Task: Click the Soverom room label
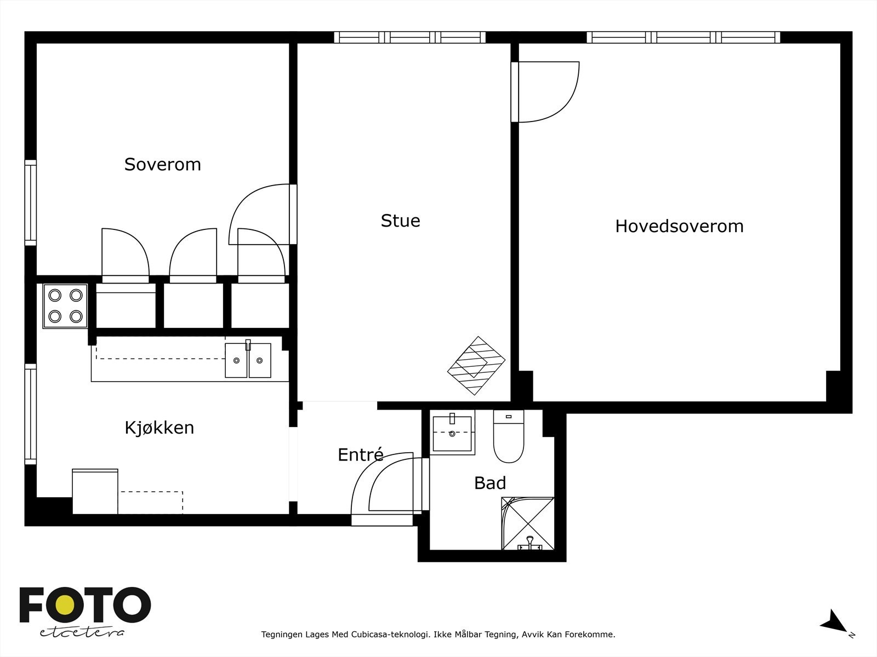pyautogui.click(x=162, y=164)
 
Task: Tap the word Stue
pyautogui.click(x=400, y=221)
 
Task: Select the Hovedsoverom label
pyautogui.click(x=679, y=226)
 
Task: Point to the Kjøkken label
pyautogui.click(x=159, y=428)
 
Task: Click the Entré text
pyautogui.click(x=360, y=455)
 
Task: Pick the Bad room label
pyautogui.click(x=489, y=483)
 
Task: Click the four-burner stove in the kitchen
pyautogui.click(x=65, y=306)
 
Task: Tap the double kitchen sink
pyautogui.click(x=248, y=360)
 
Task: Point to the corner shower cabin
pyautogui.click(x=527, y=523)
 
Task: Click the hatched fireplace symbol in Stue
pyautogui.click(x=476, y=365)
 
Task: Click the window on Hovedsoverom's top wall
pyautogui.click(x=683, y=37)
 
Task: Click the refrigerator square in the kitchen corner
pyautogui.click(x=95, y=491)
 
